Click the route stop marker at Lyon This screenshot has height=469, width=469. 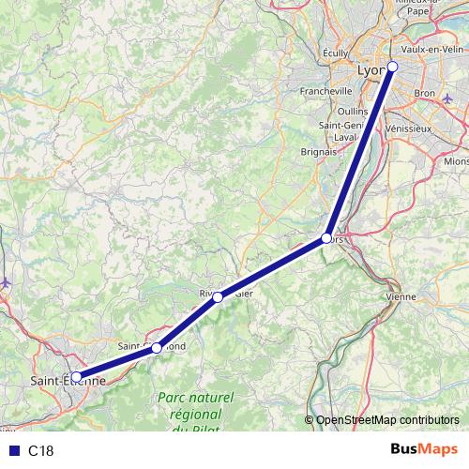point(393,66)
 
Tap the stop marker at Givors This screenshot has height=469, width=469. point(326,238)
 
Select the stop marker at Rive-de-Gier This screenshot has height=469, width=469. point(218,297)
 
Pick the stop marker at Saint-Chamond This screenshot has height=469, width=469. point(157,347)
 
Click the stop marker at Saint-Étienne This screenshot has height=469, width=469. point(76,378)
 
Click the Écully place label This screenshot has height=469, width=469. point(334,54)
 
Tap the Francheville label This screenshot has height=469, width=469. point(325,91)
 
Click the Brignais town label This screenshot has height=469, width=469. point(319,150)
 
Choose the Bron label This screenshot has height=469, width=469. point(425,94)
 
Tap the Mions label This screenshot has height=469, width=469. point(456,160)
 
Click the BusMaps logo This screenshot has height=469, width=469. point(425,449)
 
